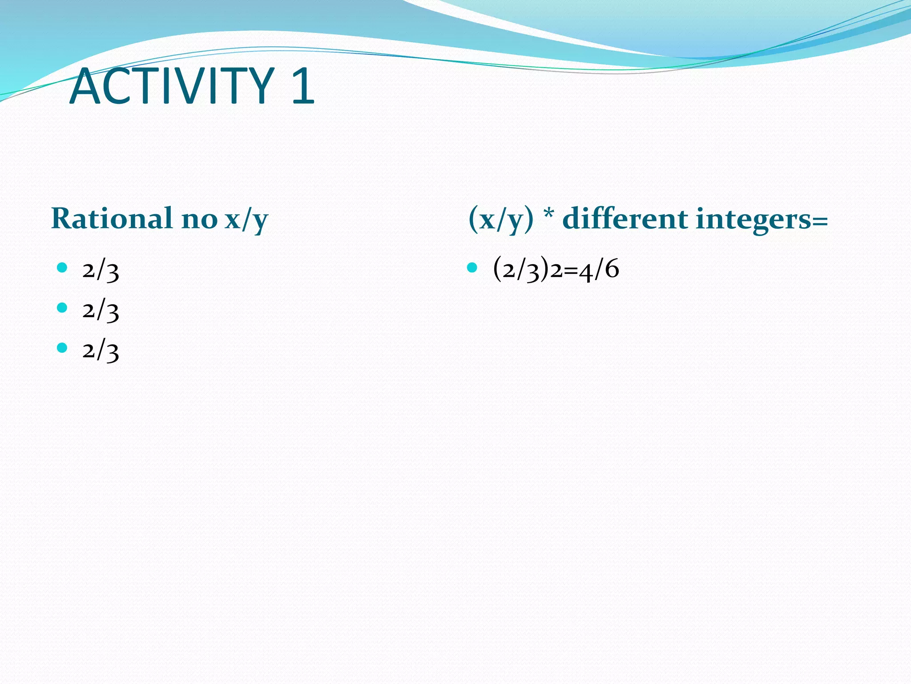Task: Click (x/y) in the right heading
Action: (501, 220)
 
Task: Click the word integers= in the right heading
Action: (762, 220)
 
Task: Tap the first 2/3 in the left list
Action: (101, 270)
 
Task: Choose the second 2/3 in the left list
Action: (101, 310)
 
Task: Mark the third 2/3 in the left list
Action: (101, 350)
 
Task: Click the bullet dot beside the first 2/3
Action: (62, 268)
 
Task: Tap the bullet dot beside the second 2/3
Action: (62, 308)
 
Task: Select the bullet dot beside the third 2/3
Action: (62, 348)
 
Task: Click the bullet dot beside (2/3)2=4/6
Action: (472, 268)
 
